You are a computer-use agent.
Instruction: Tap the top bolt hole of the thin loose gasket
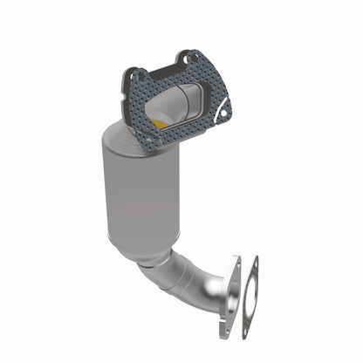coord(254,265)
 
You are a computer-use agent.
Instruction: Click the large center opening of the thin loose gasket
coord(250,296)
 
